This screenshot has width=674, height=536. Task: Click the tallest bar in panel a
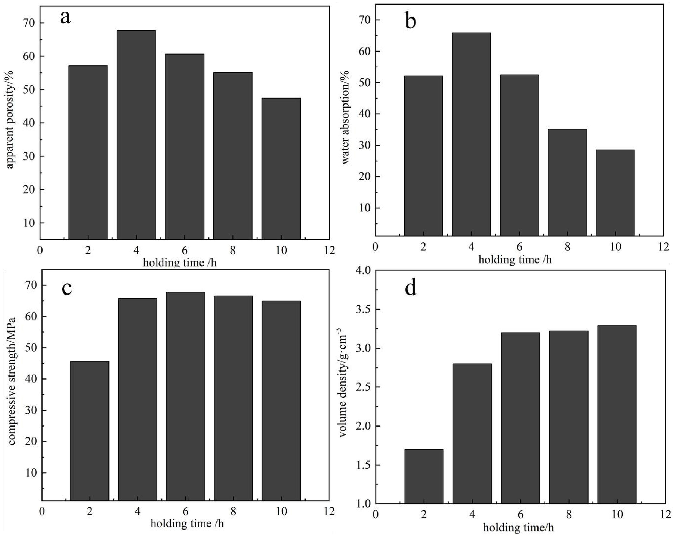pos(136,134)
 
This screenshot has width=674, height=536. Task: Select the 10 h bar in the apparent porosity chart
pos(281,169)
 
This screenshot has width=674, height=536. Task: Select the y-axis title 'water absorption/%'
pos(346,117)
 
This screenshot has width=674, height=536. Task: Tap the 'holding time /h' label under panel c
pos(187,523)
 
